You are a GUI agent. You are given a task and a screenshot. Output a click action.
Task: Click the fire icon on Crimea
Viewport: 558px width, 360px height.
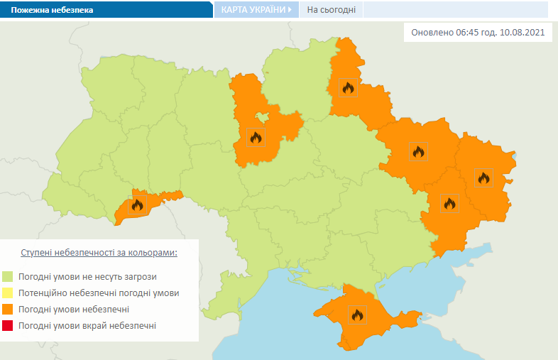[x=356, y=314]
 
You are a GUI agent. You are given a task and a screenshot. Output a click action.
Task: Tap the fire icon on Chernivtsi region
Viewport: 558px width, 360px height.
[x=137, y=205]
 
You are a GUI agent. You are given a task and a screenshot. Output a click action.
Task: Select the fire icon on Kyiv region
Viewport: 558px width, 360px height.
[x=256, y=137]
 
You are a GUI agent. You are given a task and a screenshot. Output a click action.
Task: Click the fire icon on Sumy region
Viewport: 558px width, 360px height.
[x=348, y=87]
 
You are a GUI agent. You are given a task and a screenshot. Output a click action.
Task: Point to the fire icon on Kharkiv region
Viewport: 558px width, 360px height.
[x=418, y=151]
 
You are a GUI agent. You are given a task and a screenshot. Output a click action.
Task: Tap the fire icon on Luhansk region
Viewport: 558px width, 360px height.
[x=483, y=178]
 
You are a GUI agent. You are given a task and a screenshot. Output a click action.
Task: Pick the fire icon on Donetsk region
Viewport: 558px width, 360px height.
[x=449, y=203]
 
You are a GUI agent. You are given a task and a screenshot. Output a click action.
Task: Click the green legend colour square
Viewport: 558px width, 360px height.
[x=8, y=276]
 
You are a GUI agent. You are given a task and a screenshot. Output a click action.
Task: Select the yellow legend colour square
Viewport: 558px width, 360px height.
[x=8, y=293]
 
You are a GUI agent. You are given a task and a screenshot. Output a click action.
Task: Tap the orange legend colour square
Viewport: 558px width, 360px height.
[x=8, y=310]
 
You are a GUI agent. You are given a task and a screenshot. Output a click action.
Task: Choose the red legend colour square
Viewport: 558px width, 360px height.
[x=8, y=326]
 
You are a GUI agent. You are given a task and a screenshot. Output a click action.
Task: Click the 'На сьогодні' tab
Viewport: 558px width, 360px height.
[x=331, y=10]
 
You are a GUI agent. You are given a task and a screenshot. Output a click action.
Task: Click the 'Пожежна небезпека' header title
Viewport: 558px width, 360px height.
[x=51, y=11]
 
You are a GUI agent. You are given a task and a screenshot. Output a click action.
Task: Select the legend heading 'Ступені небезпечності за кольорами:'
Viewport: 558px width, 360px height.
[x=99, y=253]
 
